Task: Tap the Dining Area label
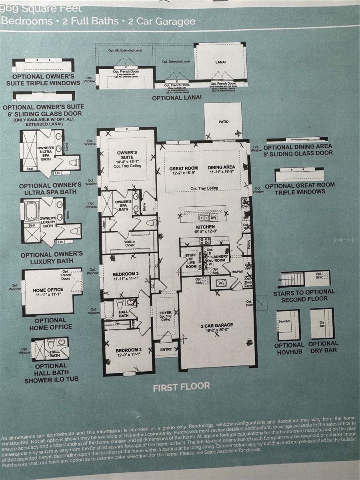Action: click(221, 167)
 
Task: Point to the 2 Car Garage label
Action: click(217, 325)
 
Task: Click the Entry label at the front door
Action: click(166, 349)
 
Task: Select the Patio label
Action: click(224, 122)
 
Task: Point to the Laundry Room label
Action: click(219, 258)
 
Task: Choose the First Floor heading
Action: click(181, 386)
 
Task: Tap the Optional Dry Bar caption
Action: click(323, 347)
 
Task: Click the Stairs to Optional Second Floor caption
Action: click(304, 295)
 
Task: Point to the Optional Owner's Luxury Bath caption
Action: click(52, 258)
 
